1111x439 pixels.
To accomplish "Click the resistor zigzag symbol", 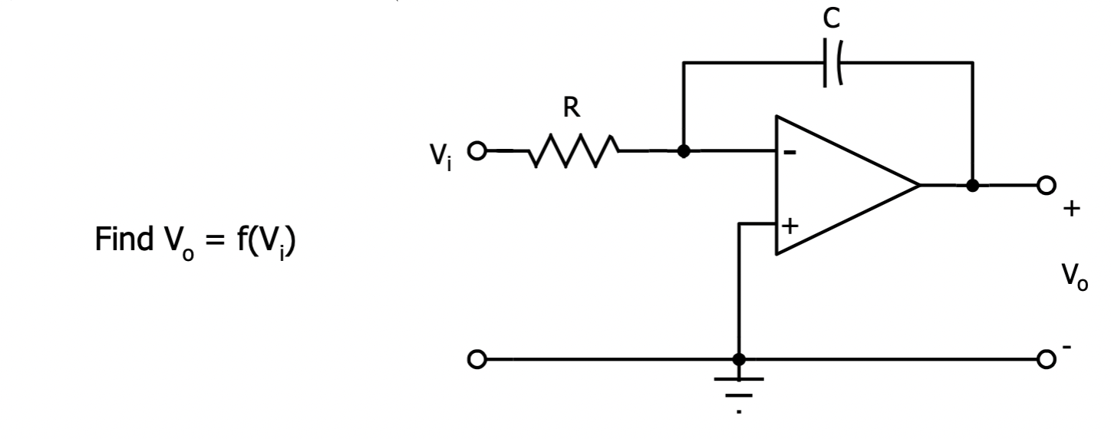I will (573, 151).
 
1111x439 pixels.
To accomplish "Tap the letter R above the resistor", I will (570, 109).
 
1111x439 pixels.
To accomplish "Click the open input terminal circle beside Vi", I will (477, 151).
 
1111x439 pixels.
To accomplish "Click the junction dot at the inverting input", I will (684, 151).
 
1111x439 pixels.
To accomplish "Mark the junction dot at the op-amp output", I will (973, 185).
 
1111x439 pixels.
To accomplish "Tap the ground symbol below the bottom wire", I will (739, 388).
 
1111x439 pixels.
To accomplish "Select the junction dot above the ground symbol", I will (739, 358).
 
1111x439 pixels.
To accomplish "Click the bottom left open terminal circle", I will (477, 358).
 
